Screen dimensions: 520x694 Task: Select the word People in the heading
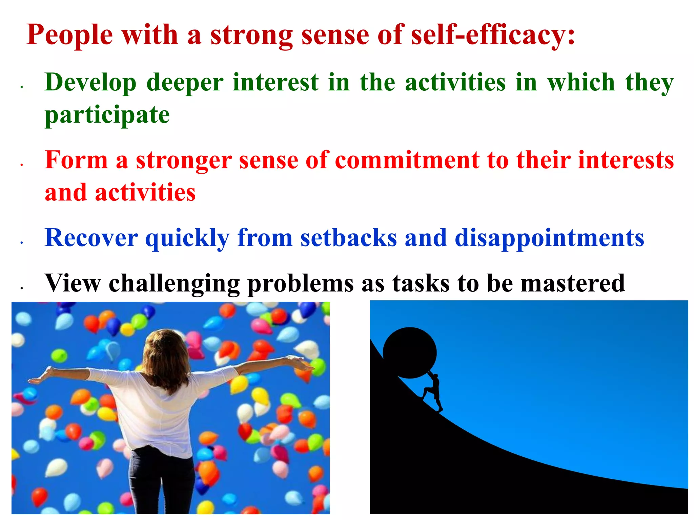click(69, 35)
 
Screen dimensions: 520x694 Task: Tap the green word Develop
click(90, 83)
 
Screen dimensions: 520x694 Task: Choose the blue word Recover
click(91, 238)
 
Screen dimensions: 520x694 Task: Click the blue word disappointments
click(549, 238)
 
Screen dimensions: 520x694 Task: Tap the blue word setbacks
click(348, 238)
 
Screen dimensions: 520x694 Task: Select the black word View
click(73, 283)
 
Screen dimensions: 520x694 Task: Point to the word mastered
click(573, 283)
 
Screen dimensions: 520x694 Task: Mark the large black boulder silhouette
click(410, 352)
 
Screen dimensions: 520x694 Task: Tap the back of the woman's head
click(165, 352)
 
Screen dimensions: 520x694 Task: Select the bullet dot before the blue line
click(21, 243)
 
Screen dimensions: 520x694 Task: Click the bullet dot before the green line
click(21, 87)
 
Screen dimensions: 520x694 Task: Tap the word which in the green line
click(581, 83)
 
